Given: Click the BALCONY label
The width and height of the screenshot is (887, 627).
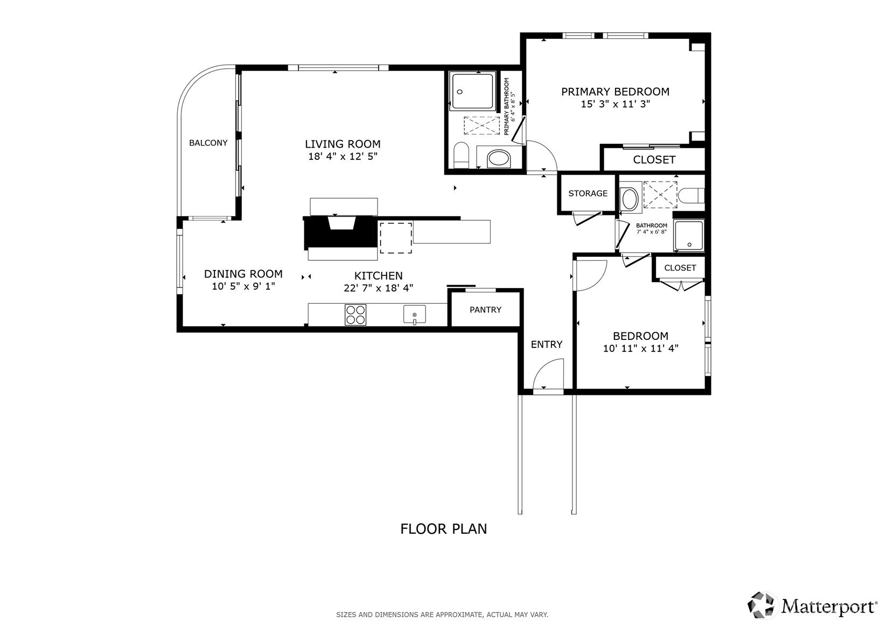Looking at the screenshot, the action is [208, 143].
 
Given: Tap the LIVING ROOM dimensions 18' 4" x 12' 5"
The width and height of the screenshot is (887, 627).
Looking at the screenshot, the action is [343, 156].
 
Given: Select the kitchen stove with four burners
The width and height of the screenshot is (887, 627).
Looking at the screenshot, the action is [355, 315].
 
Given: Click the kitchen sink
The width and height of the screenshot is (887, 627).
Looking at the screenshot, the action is [415, 315].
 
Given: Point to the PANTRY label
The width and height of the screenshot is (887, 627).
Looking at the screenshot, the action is [485, 310].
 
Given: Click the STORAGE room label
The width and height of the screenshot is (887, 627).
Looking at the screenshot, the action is [588, 193].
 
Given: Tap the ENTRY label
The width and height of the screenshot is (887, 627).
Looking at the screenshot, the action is [547, 345].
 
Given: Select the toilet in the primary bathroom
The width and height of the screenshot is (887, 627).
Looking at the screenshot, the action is [461, 155].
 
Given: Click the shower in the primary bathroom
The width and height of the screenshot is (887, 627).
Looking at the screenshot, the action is [472, 90].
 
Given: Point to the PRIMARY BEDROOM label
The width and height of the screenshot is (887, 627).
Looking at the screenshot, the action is [616, 92].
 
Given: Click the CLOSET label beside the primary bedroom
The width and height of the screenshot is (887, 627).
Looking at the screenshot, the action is [654, 160].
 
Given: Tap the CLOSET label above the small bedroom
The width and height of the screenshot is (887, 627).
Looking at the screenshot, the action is [680, 268].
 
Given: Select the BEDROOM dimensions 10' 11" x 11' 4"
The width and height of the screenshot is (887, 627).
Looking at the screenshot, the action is [641, 349].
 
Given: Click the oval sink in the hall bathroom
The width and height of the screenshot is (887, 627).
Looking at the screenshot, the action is [630, 198].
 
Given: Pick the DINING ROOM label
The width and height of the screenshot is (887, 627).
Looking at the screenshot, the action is [243, 274].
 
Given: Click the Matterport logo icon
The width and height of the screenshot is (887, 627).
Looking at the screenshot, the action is [761, 605].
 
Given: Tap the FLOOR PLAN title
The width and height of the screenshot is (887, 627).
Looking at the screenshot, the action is [444, 529].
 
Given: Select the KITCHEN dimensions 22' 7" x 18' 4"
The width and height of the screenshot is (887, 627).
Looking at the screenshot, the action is [379, 288].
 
